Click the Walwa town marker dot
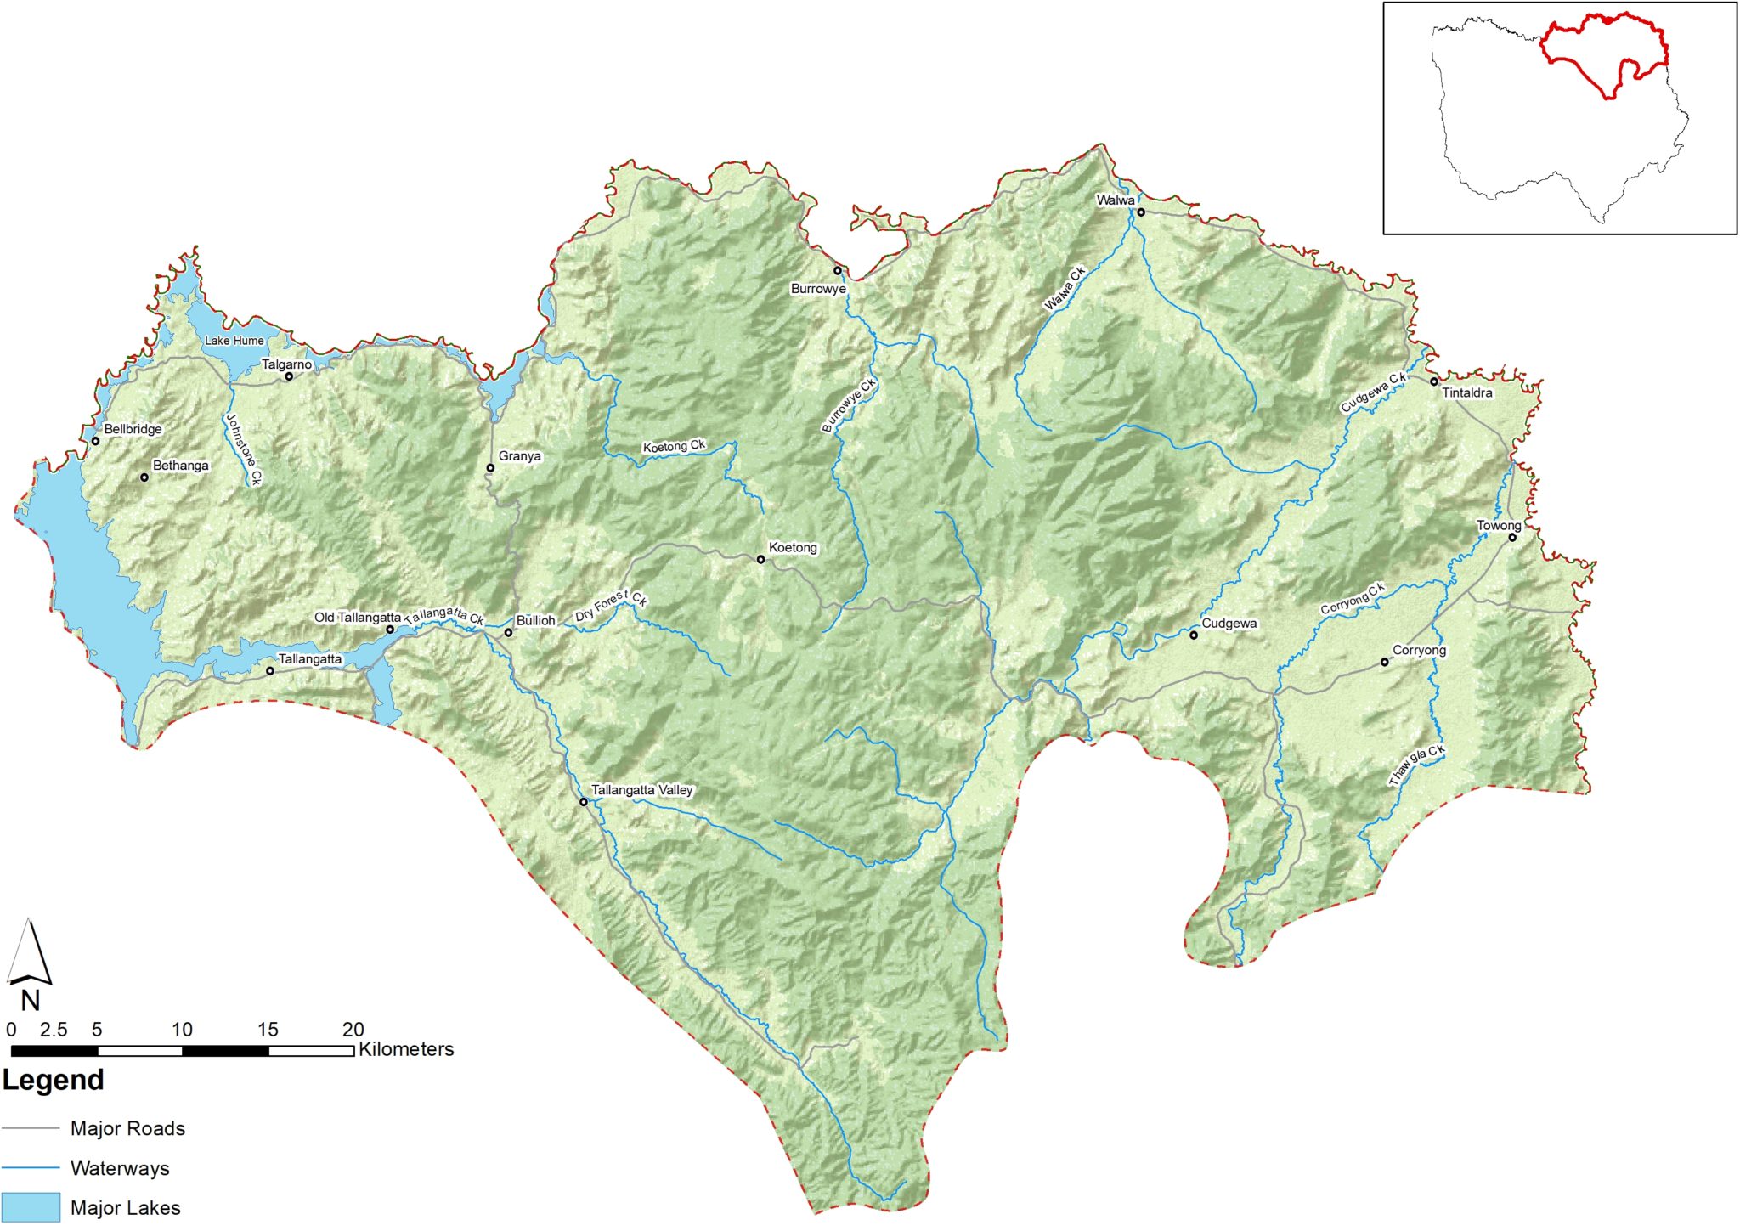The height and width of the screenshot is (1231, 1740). click(x=1141, y=212)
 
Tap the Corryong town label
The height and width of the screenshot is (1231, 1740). click(x=1419, y=651)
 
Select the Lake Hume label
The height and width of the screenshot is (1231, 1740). click(x=234, y=341)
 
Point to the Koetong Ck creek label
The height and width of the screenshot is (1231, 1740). click(x=674, y=446)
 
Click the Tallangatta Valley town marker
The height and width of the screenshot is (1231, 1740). click(x=584, y=802)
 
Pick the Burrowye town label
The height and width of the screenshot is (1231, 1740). click(x=818, y=289)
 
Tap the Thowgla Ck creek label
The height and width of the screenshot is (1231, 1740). click(x=1416, y=765)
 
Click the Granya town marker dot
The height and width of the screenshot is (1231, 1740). click(x=490, y=468)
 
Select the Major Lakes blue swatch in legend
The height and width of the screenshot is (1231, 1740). click(x=31, y=1207)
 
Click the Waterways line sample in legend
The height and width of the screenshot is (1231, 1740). click(x=31, y=1168)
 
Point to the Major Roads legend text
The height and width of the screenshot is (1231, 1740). click(x=127, y=1128)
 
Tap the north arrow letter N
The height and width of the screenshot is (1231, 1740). click(x=31, y=1001)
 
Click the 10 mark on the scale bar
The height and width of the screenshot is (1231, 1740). click(x=182, y=1030)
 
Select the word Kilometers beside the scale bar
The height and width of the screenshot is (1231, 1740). click(x=406, y=1049)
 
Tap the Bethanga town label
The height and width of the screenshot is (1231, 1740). click(x=180, y=466)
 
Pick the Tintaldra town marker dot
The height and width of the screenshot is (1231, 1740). click(x=1434, y=381)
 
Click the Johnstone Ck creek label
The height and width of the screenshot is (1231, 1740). click(x=244, y=449)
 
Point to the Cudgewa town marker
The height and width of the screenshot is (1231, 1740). click(x=1193, y=635)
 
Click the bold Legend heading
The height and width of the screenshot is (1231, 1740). click(x=53, y=1080)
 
